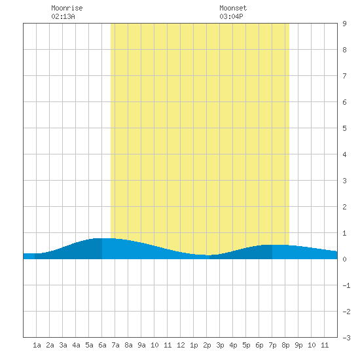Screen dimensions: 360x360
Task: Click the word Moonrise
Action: [x=67, y=8]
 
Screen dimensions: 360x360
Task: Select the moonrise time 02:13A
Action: [x=63, y=16]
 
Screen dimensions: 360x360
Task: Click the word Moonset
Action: [x=233, y=8]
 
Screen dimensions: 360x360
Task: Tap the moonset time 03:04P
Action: [x=231, y=16]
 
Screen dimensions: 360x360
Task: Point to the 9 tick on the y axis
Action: [x=344, y=24]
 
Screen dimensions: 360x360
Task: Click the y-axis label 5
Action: [x=344, y=128]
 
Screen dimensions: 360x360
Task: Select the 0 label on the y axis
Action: [x=344, y=259]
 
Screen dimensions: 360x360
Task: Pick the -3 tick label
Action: [x=346, y=338]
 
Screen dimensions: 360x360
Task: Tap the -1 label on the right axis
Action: [x=346, y=285]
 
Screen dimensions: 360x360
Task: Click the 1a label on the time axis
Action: [x=37, y=345]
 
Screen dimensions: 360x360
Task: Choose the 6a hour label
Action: [x=102, y=345]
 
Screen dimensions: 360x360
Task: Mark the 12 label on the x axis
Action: [x=181, y=345]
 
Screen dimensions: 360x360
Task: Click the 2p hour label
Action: [x=207, y=345]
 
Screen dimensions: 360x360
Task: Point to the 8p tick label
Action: [x=285, y=345]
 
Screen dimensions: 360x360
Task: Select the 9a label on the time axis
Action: [x=141, y=345]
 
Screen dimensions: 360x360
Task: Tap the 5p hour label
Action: [x=246, y=345]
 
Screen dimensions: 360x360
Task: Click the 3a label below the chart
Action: [x=63, y=345]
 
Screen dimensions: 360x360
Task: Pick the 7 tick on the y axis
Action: [x=344, y=76]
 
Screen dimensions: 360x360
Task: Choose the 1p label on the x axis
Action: [x=194, y=345]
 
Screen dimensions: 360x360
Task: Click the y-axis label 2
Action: [x=344, y=207]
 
